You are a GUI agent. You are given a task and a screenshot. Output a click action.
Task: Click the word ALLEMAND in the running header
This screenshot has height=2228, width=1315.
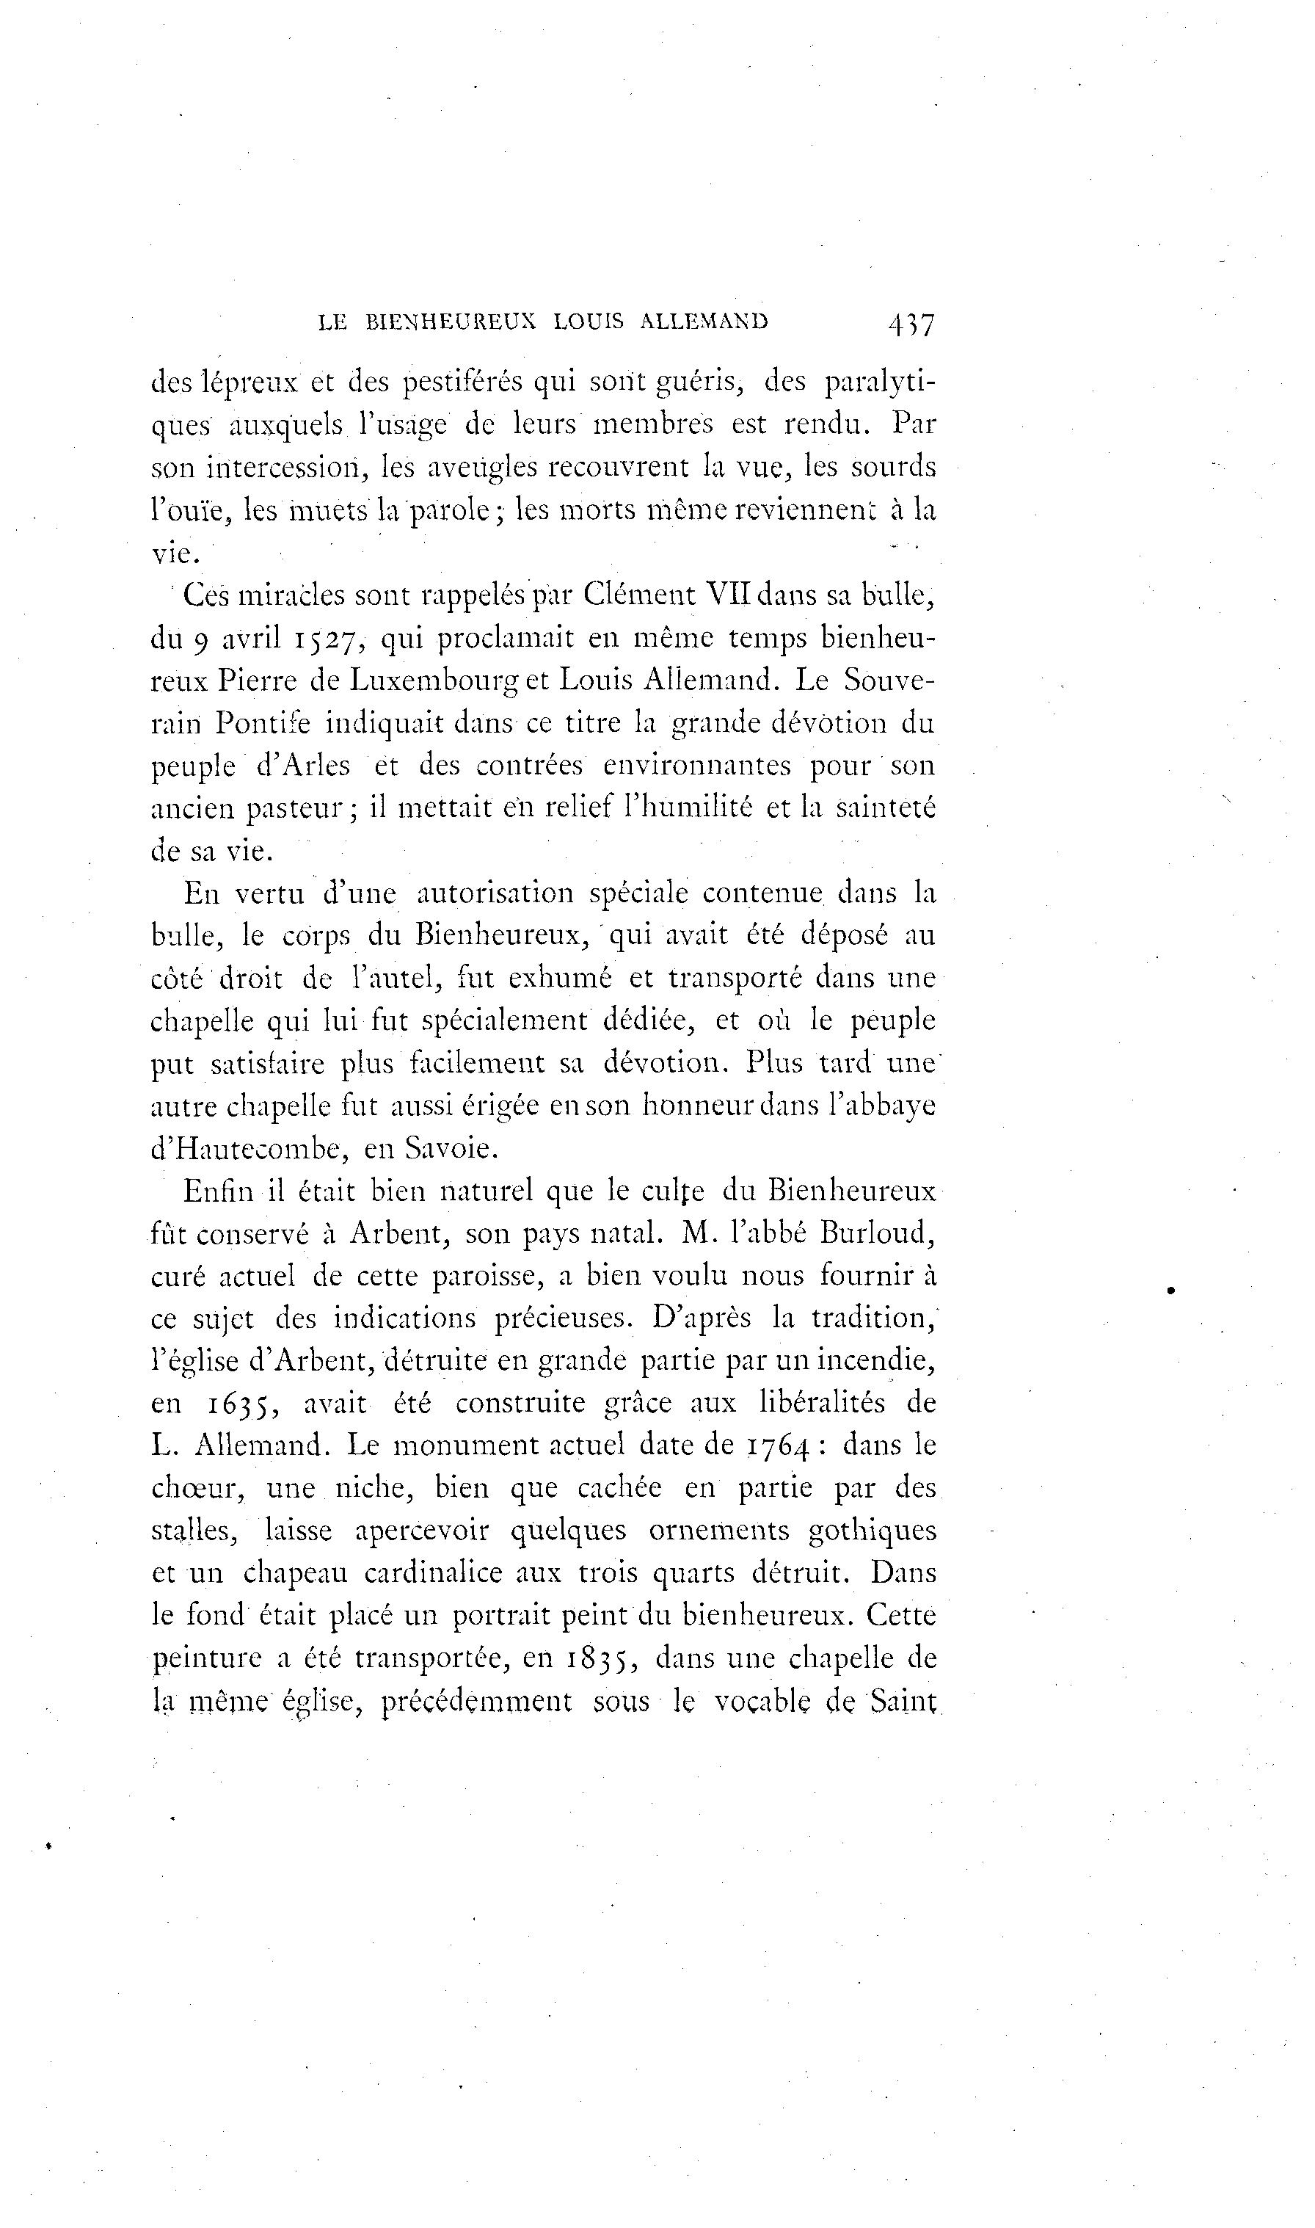[704, 322]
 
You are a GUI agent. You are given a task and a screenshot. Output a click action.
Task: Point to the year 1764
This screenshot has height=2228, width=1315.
[777, 1446]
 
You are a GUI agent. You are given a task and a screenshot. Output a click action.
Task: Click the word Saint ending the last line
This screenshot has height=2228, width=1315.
[904, 1702]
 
